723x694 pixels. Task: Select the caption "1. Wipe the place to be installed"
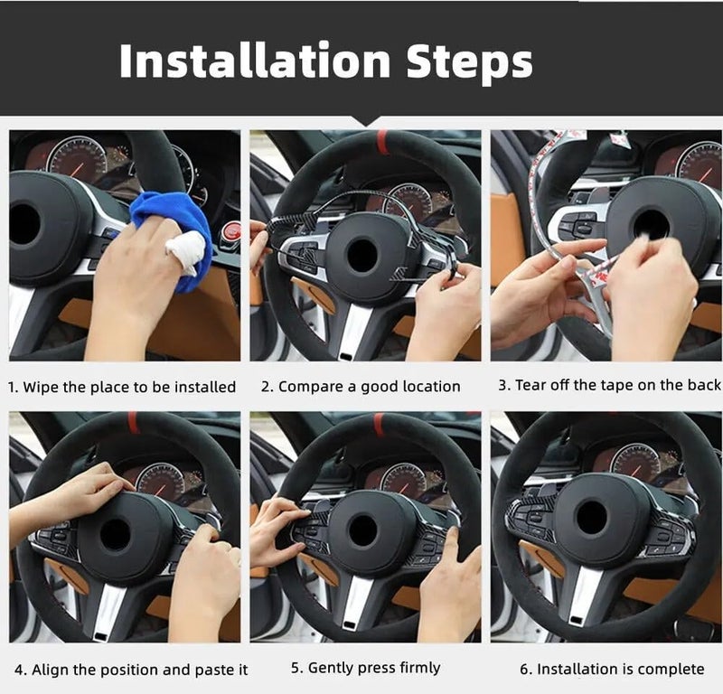coord(122,387)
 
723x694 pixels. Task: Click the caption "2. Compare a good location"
coord(361,387)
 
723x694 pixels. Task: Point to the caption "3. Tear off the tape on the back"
coord(609,385)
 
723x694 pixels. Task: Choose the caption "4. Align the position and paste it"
coord(130,670)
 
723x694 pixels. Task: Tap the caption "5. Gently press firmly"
coord(365,668)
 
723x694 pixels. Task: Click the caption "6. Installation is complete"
coord(611,669)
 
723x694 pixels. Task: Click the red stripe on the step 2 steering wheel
coord(382,142)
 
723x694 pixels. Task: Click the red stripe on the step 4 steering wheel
coord(134,422)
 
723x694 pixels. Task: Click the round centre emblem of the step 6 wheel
coord(592,517)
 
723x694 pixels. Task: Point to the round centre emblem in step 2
coord(363,256)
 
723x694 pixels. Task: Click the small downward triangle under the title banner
coord(366,121)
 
